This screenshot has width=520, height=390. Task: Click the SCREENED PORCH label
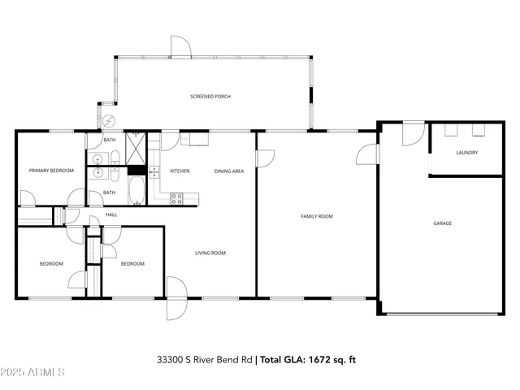210,97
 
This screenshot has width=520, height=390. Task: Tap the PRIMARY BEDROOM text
51,171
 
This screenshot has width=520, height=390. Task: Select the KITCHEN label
180,171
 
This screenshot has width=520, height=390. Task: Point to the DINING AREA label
228,171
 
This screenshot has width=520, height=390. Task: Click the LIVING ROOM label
210,253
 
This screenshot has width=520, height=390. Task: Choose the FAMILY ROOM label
317,216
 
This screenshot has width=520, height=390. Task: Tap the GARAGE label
442,223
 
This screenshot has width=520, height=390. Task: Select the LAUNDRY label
466,152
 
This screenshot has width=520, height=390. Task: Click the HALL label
110,214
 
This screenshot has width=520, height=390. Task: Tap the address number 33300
171,359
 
